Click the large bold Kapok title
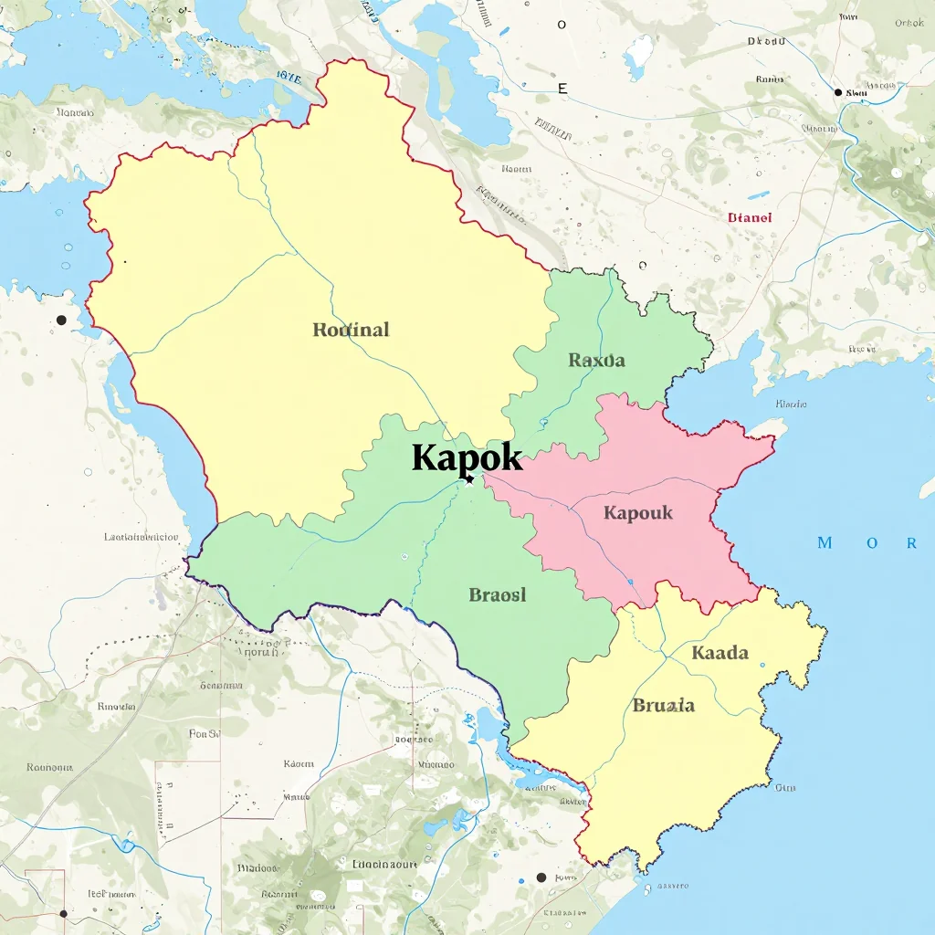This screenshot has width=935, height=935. (x=467, y=457)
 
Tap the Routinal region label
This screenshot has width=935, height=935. (x=351, y=330)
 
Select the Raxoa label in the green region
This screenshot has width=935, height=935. (x=596, y=360)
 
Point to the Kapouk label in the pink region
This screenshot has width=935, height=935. (x=637, y=512)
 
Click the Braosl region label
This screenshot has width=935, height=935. (x=498, y=595)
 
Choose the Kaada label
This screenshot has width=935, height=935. (x=720, y=653)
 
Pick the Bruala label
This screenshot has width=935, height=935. (x=663, y=705)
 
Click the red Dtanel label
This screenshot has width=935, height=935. (x=750, y=217)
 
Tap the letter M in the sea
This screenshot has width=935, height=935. (x=825, y=543)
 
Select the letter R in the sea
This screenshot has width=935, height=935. (x=910, y=543)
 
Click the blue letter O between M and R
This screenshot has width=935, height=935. (x=872, y=543)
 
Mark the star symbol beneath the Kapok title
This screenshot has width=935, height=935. (x=469, y=479)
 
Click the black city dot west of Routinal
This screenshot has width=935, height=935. (x=61, y=320)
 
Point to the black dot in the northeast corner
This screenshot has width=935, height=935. (x=838, y=92)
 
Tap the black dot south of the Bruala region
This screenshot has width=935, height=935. (x=541, y=877)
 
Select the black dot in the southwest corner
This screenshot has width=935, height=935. (x=63, y=913)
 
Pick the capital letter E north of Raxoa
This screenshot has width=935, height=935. (x=562, y=89)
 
